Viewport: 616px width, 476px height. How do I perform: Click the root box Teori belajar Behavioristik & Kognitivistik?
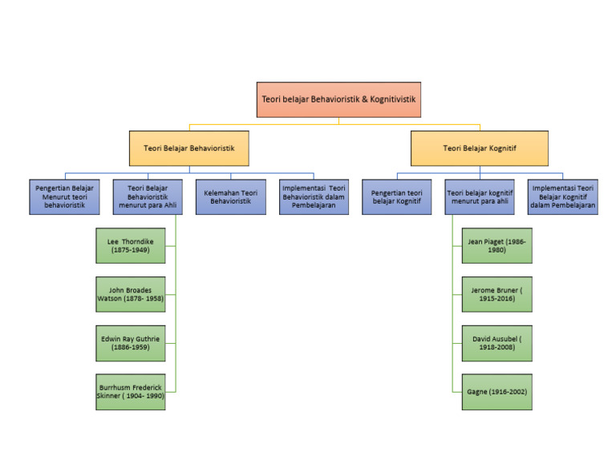pyautogui.click(x=338, y=100)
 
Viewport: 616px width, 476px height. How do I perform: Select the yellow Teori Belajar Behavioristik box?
pyautogui.click(x=188, y=148)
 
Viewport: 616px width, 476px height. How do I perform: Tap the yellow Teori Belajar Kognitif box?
pyautogui.click(x=480, y=148)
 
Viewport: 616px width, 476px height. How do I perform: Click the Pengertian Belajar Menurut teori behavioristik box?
pyautogui.click(x=64, y=196)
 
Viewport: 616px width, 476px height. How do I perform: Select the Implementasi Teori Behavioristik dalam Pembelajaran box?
pyautogui.click(x=314, y=196)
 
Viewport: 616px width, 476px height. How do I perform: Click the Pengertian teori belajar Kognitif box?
pyautogui.click(x=395, y=196)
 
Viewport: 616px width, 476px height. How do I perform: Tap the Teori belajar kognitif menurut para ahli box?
pyautogui.click(x=480, y=196)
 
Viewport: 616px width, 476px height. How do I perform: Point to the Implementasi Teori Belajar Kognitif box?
pyautogui.click(x=562, y=196)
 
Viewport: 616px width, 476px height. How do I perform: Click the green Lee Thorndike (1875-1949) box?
pyautogui.click(x=130, y=245)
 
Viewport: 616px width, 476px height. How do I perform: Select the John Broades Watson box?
pyautogui.click(x=130, y=294)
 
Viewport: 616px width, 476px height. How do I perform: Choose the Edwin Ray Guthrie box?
pyautogui.click(x=130, y=344)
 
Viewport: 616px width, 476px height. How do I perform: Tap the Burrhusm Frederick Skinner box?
pyautogui.click(x=130, y=393)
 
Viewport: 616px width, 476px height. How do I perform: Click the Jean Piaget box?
pyautogui.click(x=496, y=245)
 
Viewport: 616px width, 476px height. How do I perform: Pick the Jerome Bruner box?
pyautogui.click(x=496, y=294)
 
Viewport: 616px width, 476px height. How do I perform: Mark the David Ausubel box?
pyautogui.click(x=496, y=344)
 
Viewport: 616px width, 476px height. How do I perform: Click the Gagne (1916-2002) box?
pyautogui.click(x=496, y=393)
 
